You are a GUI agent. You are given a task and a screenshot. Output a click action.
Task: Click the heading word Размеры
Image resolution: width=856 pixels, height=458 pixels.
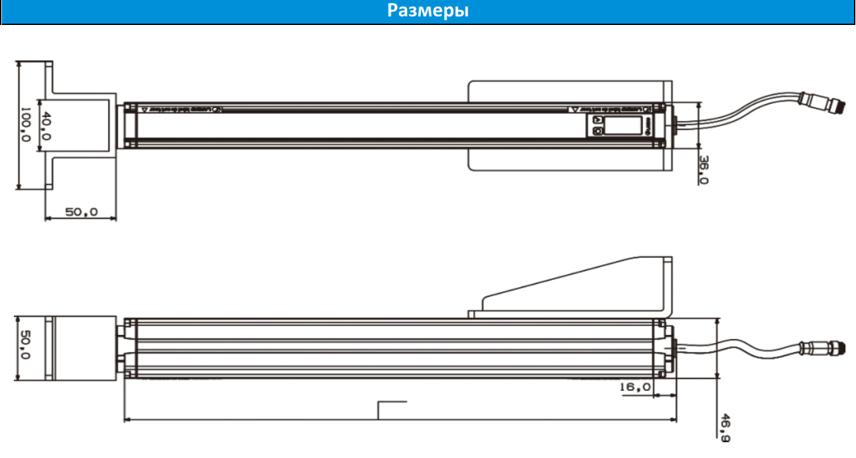[427, 12]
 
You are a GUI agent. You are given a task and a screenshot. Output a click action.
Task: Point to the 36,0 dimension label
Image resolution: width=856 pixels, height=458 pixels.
[703, 169]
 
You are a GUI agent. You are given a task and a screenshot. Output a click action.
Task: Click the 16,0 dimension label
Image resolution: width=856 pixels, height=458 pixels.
[635, 388]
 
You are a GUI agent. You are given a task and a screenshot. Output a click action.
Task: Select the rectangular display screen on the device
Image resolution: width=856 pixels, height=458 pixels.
[615, 125]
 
